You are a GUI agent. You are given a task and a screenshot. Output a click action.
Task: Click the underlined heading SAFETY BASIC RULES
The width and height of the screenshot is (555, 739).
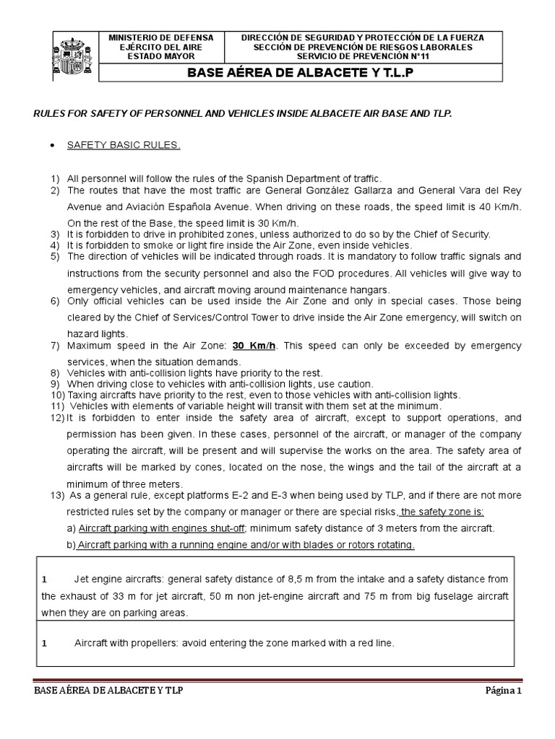124,145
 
